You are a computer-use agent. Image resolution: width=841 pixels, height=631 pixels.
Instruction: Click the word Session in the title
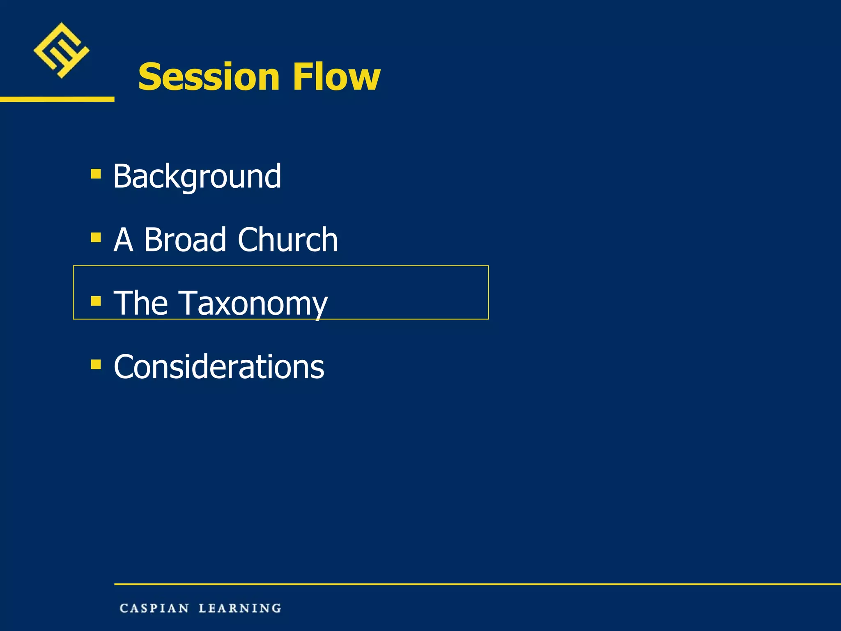pyautogui.click(x=209, y=77)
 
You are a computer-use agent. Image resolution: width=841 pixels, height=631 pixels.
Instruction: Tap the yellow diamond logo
pyautogui.click(x=61, y=51)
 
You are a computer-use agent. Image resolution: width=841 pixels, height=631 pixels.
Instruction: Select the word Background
pyautogui.click(x=197, y=177)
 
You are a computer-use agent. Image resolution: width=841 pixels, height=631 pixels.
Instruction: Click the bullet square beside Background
pyautogui.click(x=96, y=174)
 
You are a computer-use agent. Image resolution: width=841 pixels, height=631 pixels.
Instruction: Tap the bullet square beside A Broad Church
pyautogui.click(x=96, y=237)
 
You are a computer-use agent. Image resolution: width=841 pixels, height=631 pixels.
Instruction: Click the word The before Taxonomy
pyautogui.click(x=140, y=303)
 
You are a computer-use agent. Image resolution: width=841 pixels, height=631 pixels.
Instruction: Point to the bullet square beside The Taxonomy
pyautogui.click(x=96, y=301)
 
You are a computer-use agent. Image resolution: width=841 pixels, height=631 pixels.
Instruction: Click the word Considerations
pyautogui.click(x=219, y=367)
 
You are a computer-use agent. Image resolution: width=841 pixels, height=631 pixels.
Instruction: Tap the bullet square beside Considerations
pyautogui.click(x=96, y=364)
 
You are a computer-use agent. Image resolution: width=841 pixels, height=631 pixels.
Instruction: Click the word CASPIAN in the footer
pyautogui.click(x=154, y=608)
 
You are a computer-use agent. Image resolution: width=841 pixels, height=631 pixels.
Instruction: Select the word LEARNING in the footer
pyautogui.click(x=240, y=608)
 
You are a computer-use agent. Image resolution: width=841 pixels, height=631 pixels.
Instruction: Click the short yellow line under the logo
pyautogui.click(x=57, y=99)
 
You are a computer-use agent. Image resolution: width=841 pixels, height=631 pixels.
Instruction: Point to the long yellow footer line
pyautogui.click(x=476, y=584)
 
